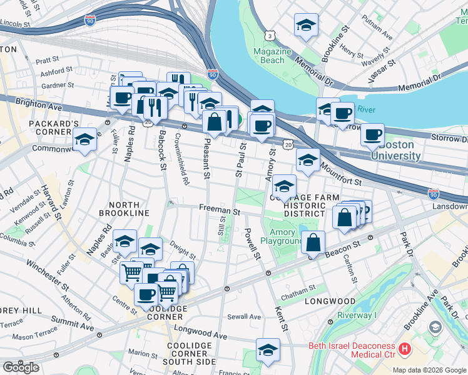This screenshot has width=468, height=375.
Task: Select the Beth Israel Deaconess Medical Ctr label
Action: pos(352,351)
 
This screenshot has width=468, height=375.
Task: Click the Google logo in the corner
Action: pos(21,367)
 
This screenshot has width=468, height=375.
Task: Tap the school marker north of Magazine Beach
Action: pos(306,26)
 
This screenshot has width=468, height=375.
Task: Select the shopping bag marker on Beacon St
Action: pos(313,242)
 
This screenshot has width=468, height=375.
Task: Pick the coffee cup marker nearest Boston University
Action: pos(372,135)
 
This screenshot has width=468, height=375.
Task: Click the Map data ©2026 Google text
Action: pos(429,369)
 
